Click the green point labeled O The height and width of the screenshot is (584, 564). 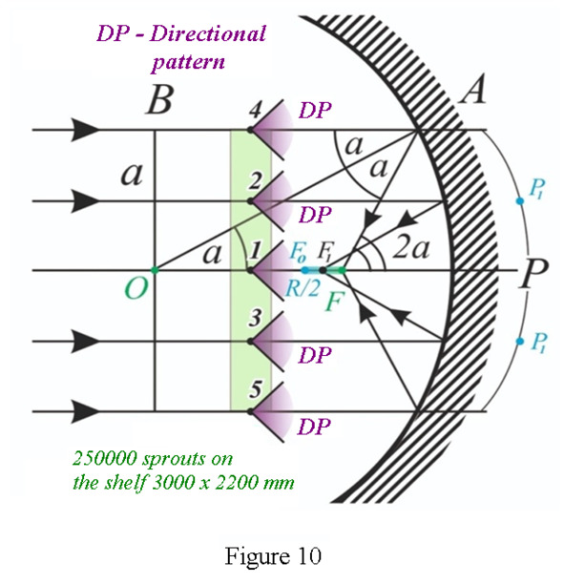[x=155, y=270]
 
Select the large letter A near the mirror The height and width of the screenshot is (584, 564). [x=473, y=89]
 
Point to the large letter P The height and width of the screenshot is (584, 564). [x=534, y=273]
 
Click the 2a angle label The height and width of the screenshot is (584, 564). [x=411, y=248]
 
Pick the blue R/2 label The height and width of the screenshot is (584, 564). [x=303, y=288]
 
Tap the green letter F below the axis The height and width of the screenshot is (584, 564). [x=335, y=301]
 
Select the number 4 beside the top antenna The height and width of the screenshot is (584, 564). [x=255, y=110]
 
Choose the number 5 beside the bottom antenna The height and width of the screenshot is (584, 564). [x=256, y=389]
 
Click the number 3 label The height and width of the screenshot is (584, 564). [x=255, y=319]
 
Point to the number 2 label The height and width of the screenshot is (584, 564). [x=255, y=181]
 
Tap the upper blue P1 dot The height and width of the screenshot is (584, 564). [x=520, y=201]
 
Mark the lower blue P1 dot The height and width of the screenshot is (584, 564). [x=520, y=342]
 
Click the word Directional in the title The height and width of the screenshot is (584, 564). [x=208, y=33]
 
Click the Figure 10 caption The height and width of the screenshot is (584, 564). [x=273, y=556]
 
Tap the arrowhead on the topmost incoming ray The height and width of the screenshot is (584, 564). [x=86, y=130]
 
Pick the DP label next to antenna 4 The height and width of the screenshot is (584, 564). [x=315, y=111]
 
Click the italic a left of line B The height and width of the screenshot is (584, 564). [x=132, y=175]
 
